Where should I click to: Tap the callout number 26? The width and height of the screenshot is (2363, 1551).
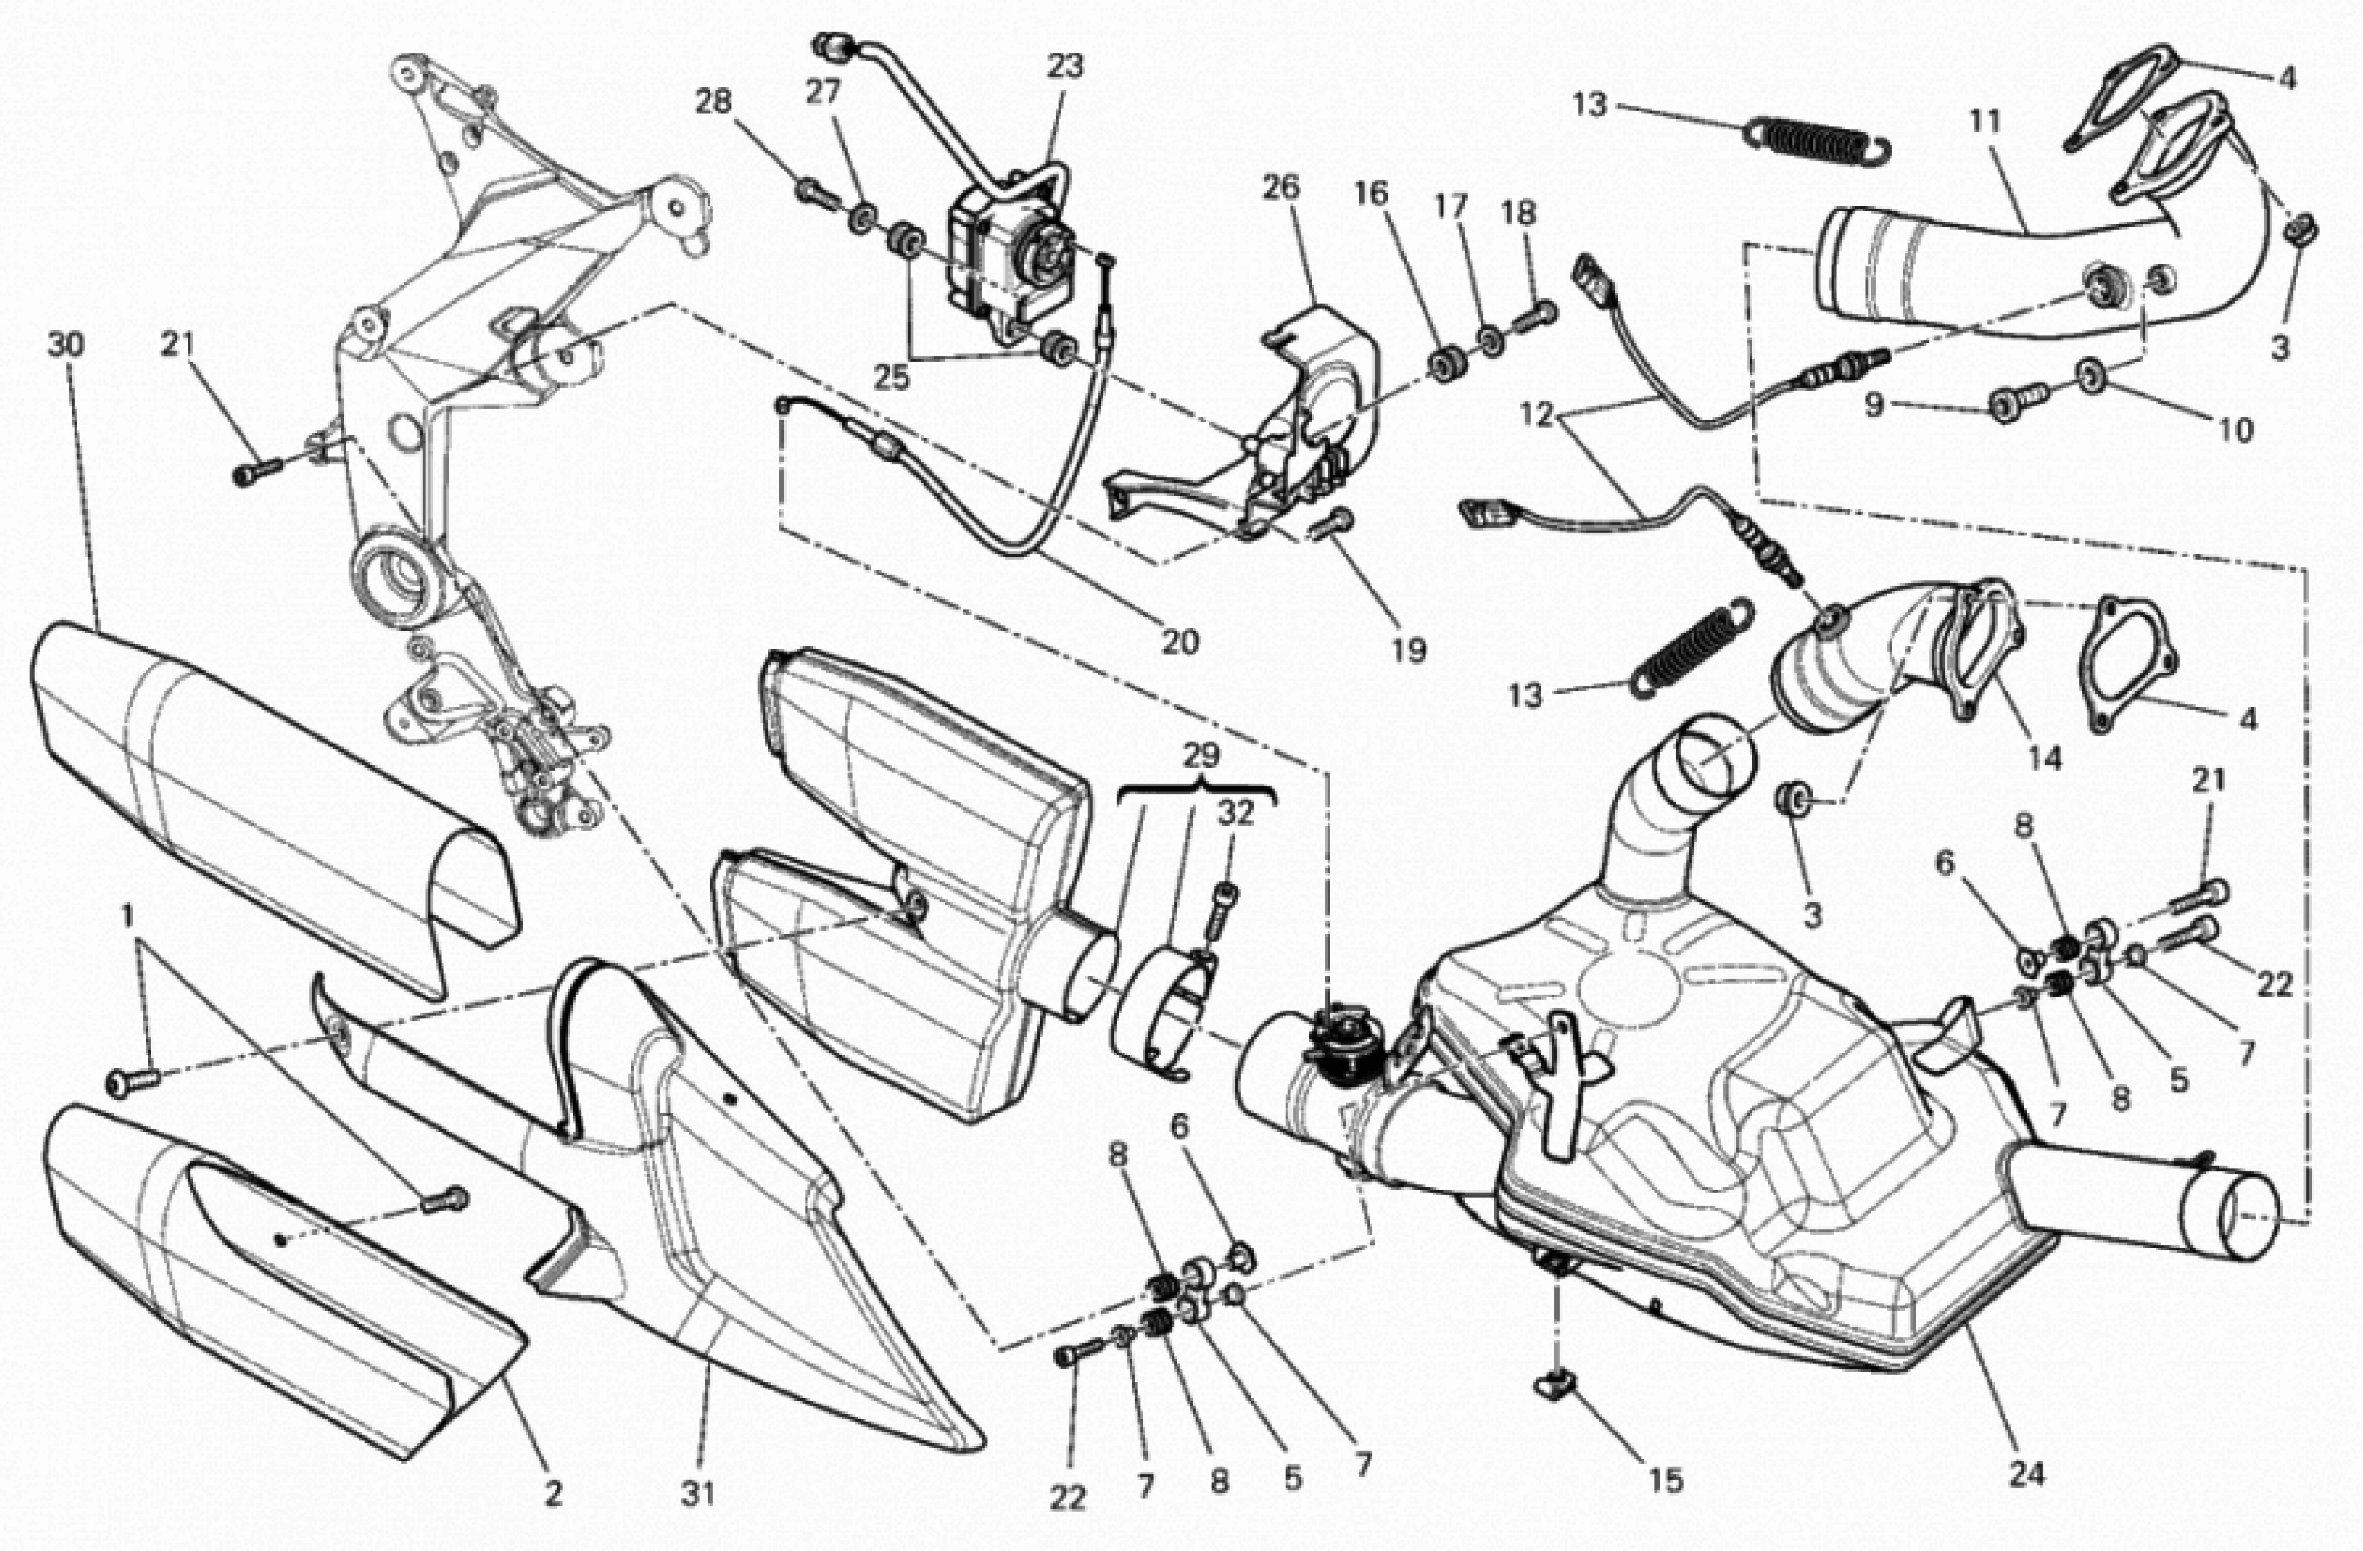[1281, 188]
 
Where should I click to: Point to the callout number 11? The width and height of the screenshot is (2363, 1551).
[1985, 122]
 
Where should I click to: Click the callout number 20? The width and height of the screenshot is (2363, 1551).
[1180, 643]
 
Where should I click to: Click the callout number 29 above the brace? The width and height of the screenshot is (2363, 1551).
[1200, 757]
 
